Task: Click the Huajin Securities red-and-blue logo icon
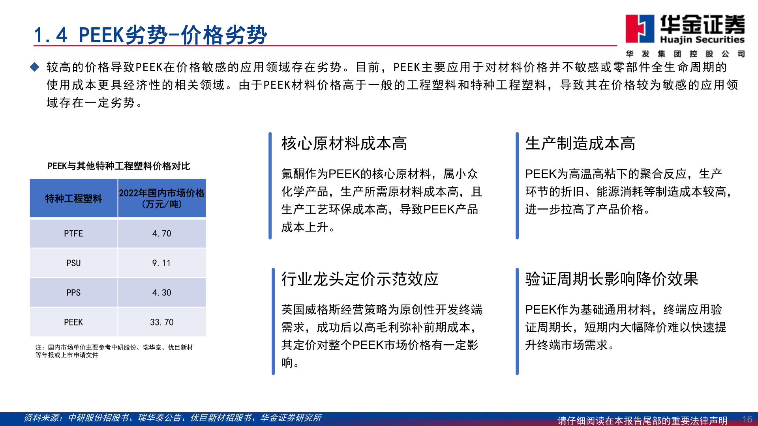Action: [x=640, y=28]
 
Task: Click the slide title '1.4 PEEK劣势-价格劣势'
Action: [x=150, y=35]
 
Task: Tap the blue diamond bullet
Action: [x=35, y=67]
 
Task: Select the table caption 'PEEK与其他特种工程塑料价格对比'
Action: [x=118, y=166]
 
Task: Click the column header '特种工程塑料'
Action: [x=73, y=198]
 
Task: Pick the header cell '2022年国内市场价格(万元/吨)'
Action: [x=162, y=198]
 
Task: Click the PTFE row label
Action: [x=73, y=234]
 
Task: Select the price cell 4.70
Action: [x=162, y=234]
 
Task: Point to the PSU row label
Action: [x=73, y=263]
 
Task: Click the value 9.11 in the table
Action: [x=162, y=263]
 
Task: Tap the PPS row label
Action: [x=73, y=293]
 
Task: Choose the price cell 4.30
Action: [x=162, y=293]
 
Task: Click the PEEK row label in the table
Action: [x=73, y=322]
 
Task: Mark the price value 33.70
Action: [x=162, y=322]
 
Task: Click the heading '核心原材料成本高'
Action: [x=344, y=144]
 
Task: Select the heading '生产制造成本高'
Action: [x=580, y=144]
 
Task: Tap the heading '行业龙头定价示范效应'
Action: [x=360, y=279]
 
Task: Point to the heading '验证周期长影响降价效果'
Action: [x=612, y=279]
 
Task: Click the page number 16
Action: [x=747, y=419]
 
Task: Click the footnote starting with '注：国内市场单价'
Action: [x=114, y=351]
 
